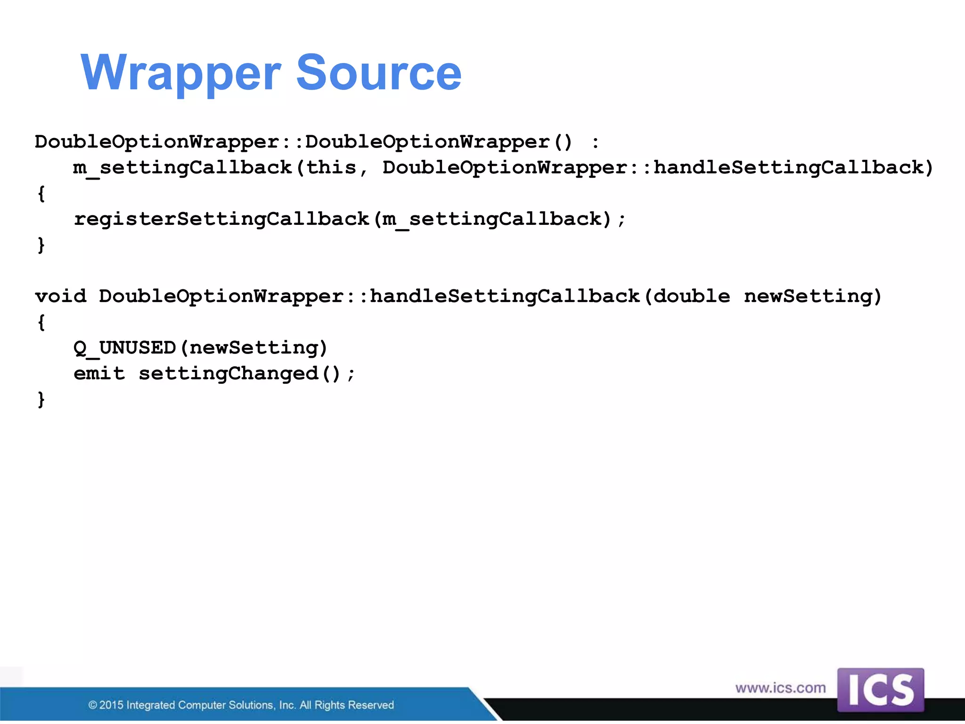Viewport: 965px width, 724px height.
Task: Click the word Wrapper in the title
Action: (181, 73)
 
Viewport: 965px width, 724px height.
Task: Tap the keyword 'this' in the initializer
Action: (331, 167)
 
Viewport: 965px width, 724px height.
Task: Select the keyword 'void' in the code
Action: (61, 296)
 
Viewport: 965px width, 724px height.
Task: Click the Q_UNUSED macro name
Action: (124, 348)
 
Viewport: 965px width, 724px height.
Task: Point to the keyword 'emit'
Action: (99, 373)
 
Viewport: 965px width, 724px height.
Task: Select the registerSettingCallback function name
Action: (221, 219)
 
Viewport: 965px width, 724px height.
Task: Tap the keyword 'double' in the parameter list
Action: (691, 296)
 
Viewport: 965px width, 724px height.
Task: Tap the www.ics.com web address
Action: (780, 688)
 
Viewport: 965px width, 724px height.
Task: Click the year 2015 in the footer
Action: (111, 705)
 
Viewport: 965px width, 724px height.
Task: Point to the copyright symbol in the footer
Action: (93, 705)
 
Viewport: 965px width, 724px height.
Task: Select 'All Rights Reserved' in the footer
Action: (347, 705)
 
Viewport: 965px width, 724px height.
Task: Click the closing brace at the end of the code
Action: (41, 399)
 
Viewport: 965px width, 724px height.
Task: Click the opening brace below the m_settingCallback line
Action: (41, 193)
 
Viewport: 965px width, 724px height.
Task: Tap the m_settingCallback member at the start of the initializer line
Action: (182, 167)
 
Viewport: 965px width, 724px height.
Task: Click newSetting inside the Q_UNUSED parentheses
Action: (254, 348)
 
